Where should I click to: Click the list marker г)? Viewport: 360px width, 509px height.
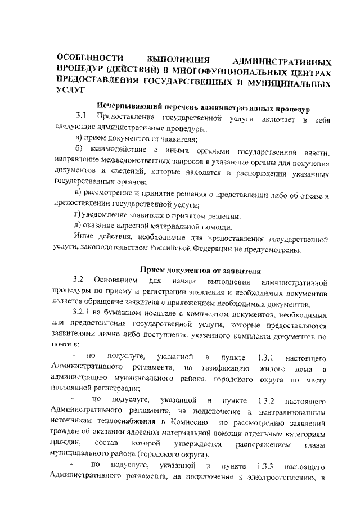click(78, 216)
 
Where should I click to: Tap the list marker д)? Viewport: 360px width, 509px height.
click(79, 227)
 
